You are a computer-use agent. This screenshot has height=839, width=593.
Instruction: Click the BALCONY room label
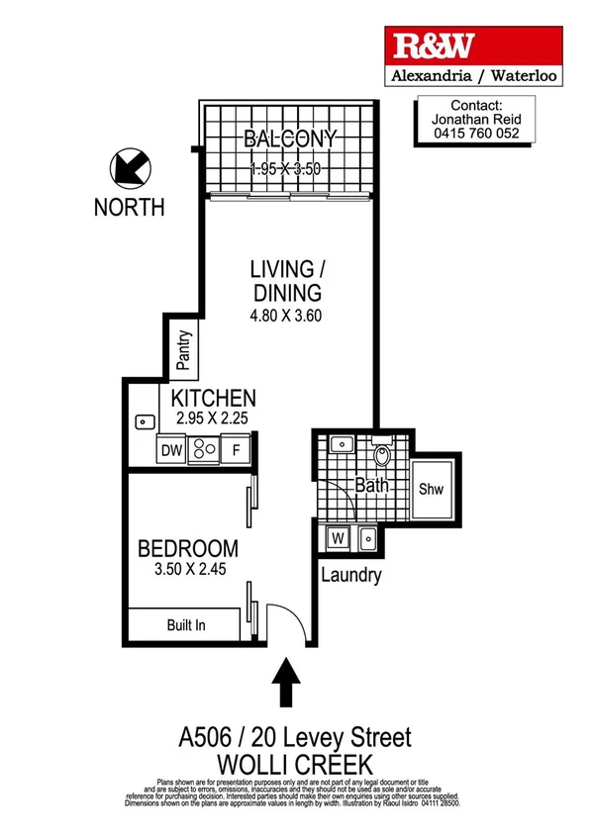(x=292, y=139)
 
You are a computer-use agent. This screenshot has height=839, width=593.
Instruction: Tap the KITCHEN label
(x=214, y=399)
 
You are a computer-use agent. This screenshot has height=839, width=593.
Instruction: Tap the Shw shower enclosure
(x=431, y=490)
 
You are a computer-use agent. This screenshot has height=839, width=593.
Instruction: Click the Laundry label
(x=350, y=576)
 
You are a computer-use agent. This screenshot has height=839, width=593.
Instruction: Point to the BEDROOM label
(x=187, y=548)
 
